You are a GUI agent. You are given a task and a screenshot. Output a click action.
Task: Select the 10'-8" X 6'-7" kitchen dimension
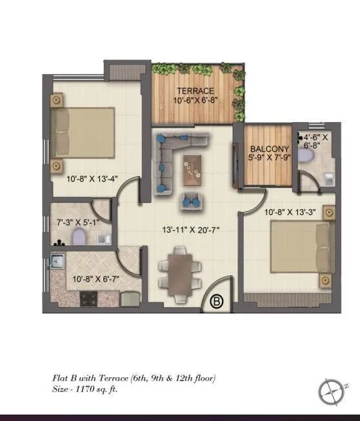94,280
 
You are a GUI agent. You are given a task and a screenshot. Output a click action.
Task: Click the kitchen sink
57,263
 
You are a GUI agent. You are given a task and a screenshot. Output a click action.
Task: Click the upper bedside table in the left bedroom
57,101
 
